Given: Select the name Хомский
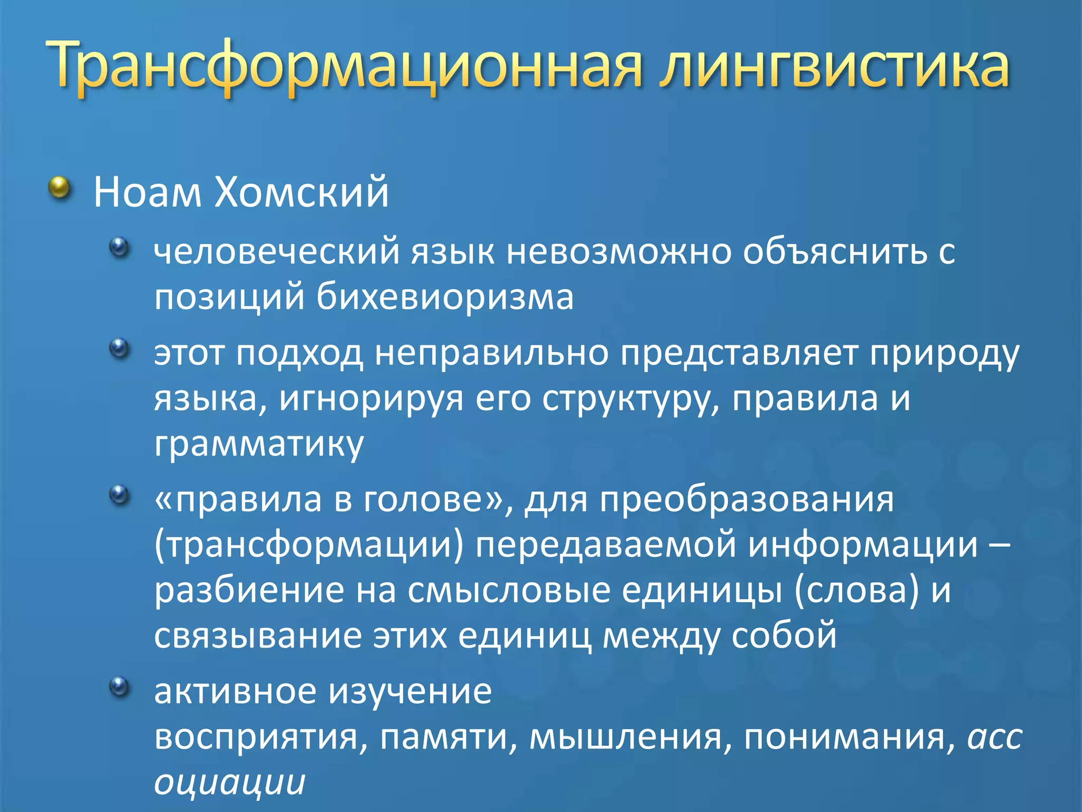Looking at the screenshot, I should pyautogui.click(x=301, y=192).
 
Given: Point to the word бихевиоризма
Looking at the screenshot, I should pyautogui.click(x=445, y=297).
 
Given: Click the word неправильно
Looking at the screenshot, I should pyautogui.click(x=491, y=353).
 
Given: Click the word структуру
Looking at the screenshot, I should pyautogui.click(x=631, y=399).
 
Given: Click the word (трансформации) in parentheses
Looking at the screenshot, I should pyautogui.click(x=309, y=545).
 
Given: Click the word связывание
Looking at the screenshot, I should pyautogui.click(x=258, y=636).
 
